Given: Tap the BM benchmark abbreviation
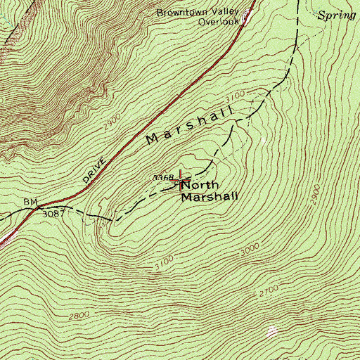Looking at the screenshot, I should click(30, 202).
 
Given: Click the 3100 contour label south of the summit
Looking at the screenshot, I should click(163, 262).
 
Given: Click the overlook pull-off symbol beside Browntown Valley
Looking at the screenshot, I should click(245, 17).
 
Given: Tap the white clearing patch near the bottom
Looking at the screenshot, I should click(273, 330).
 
